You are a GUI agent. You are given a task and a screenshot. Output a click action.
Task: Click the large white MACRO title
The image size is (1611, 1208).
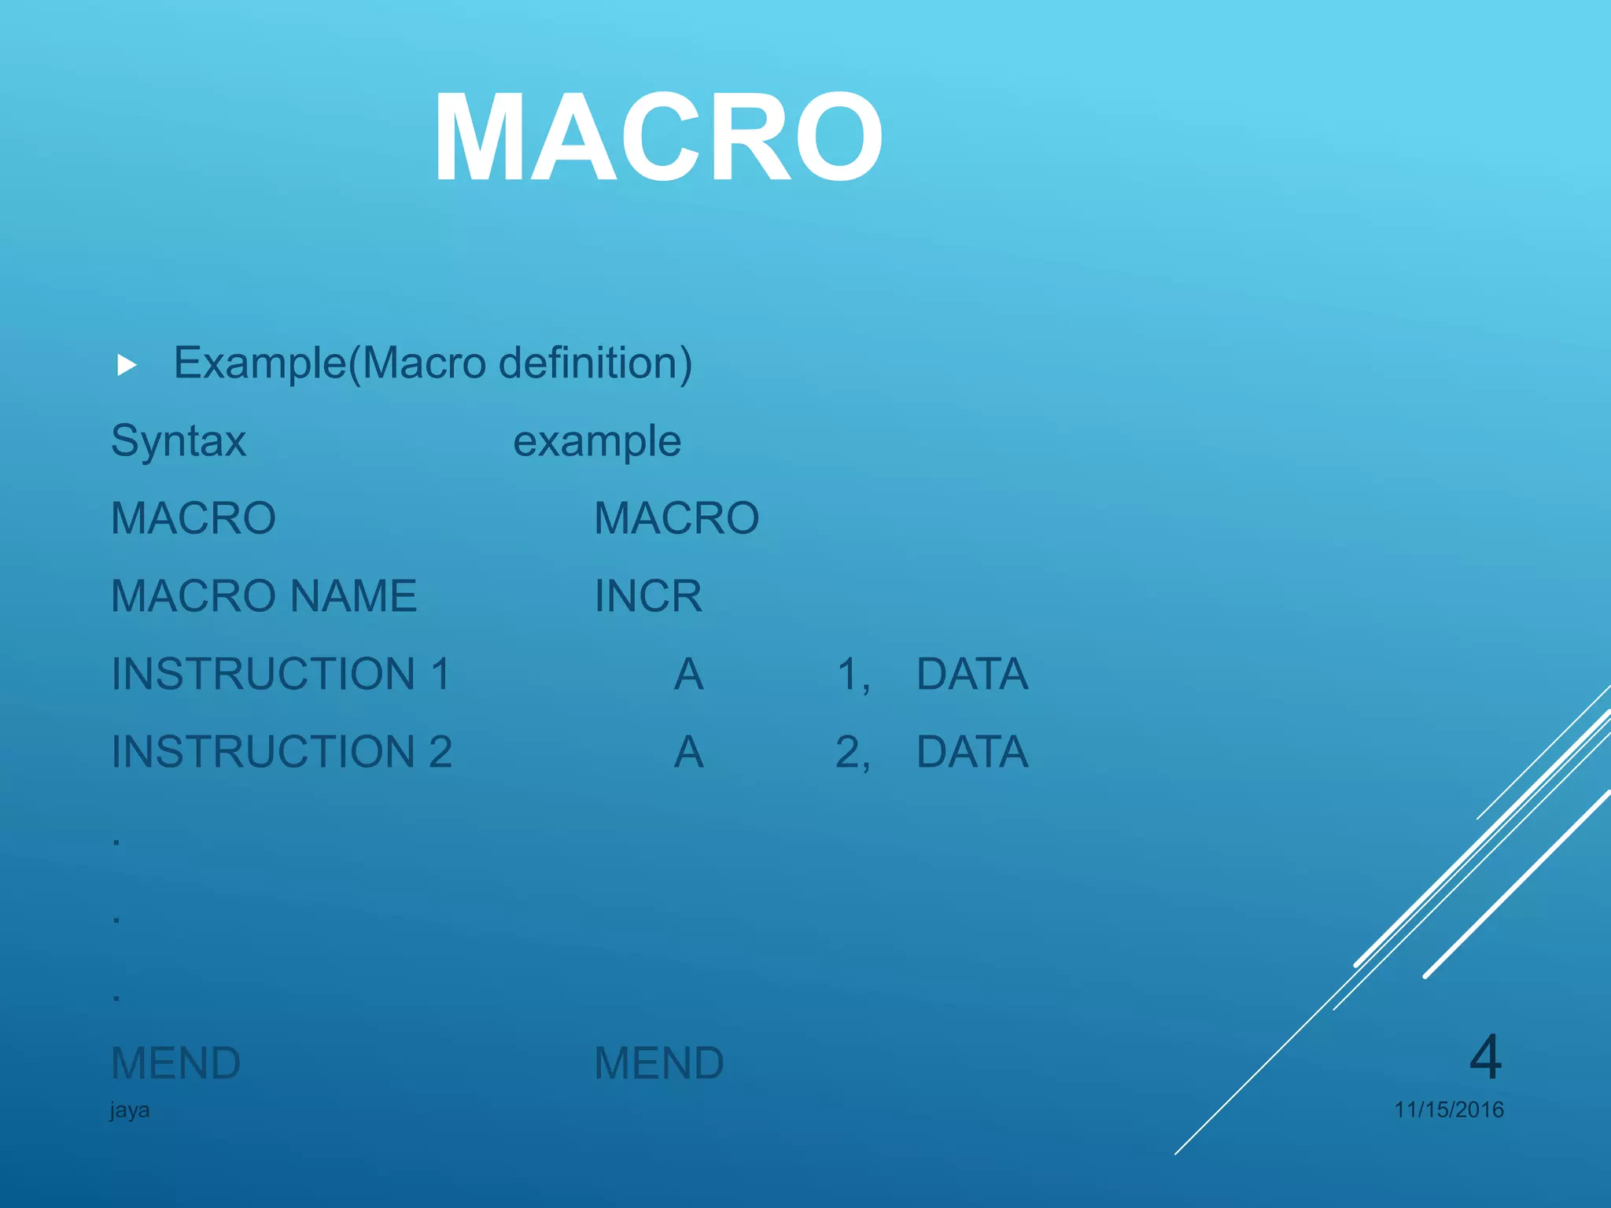pos(658,138)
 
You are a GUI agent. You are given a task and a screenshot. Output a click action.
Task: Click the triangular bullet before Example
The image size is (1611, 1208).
pos(127,365)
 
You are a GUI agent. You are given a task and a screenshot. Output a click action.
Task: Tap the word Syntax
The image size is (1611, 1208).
pos(179,441)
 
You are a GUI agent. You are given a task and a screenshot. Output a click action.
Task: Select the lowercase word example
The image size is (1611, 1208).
pos(597,441)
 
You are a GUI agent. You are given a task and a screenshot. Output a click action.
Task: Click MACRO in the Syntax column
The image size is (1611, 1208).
pos(194,518)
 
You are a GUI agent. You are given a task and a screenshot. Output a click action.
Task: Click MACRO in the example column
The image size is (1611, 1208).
pos(676,518)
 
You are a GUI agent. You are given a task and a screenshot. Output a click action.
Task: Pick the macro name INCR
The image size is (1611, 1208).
pos(648,596)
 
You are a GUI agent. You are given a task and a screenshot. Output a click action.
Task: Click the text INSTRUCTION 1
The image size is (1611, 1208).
pos(281,674)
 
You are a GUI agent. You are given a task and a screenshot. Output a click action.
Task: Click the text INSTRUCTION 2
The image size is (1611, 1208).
pos(282,752)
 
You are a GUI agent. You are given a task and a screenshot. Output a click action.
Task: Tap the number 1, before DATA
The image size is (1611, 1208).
pos(853,675)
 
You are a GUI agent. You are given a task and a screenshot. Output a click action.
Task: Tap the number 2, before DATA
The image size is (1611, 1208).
pos(853,753)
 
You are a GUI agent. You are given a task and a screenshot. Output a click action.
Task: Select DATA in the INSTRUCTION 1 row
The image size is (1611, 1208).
pos(972,674)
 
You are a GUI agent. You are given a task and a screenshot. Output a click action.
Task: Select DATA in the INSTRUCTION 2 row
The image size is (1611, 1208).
pos(972,752)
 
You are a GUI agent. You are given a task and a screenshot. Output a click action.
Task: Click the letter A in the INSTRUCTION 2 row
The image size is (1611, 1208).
pos(689,752)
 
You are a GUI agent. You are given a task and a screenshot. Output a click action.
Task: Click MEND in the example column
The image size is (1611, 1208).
pos(659,1063)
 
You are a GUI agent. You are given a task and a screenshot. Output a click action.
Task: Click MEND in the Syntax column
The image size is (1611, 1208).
pos(176,1063)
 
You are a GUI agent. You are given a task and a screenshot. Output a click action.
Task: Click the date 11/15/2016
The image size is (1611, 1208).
pos(1449,1110)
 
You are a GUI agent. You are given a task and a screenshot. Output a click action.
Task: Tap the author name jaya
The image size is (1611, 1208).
pos(130,1110)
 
